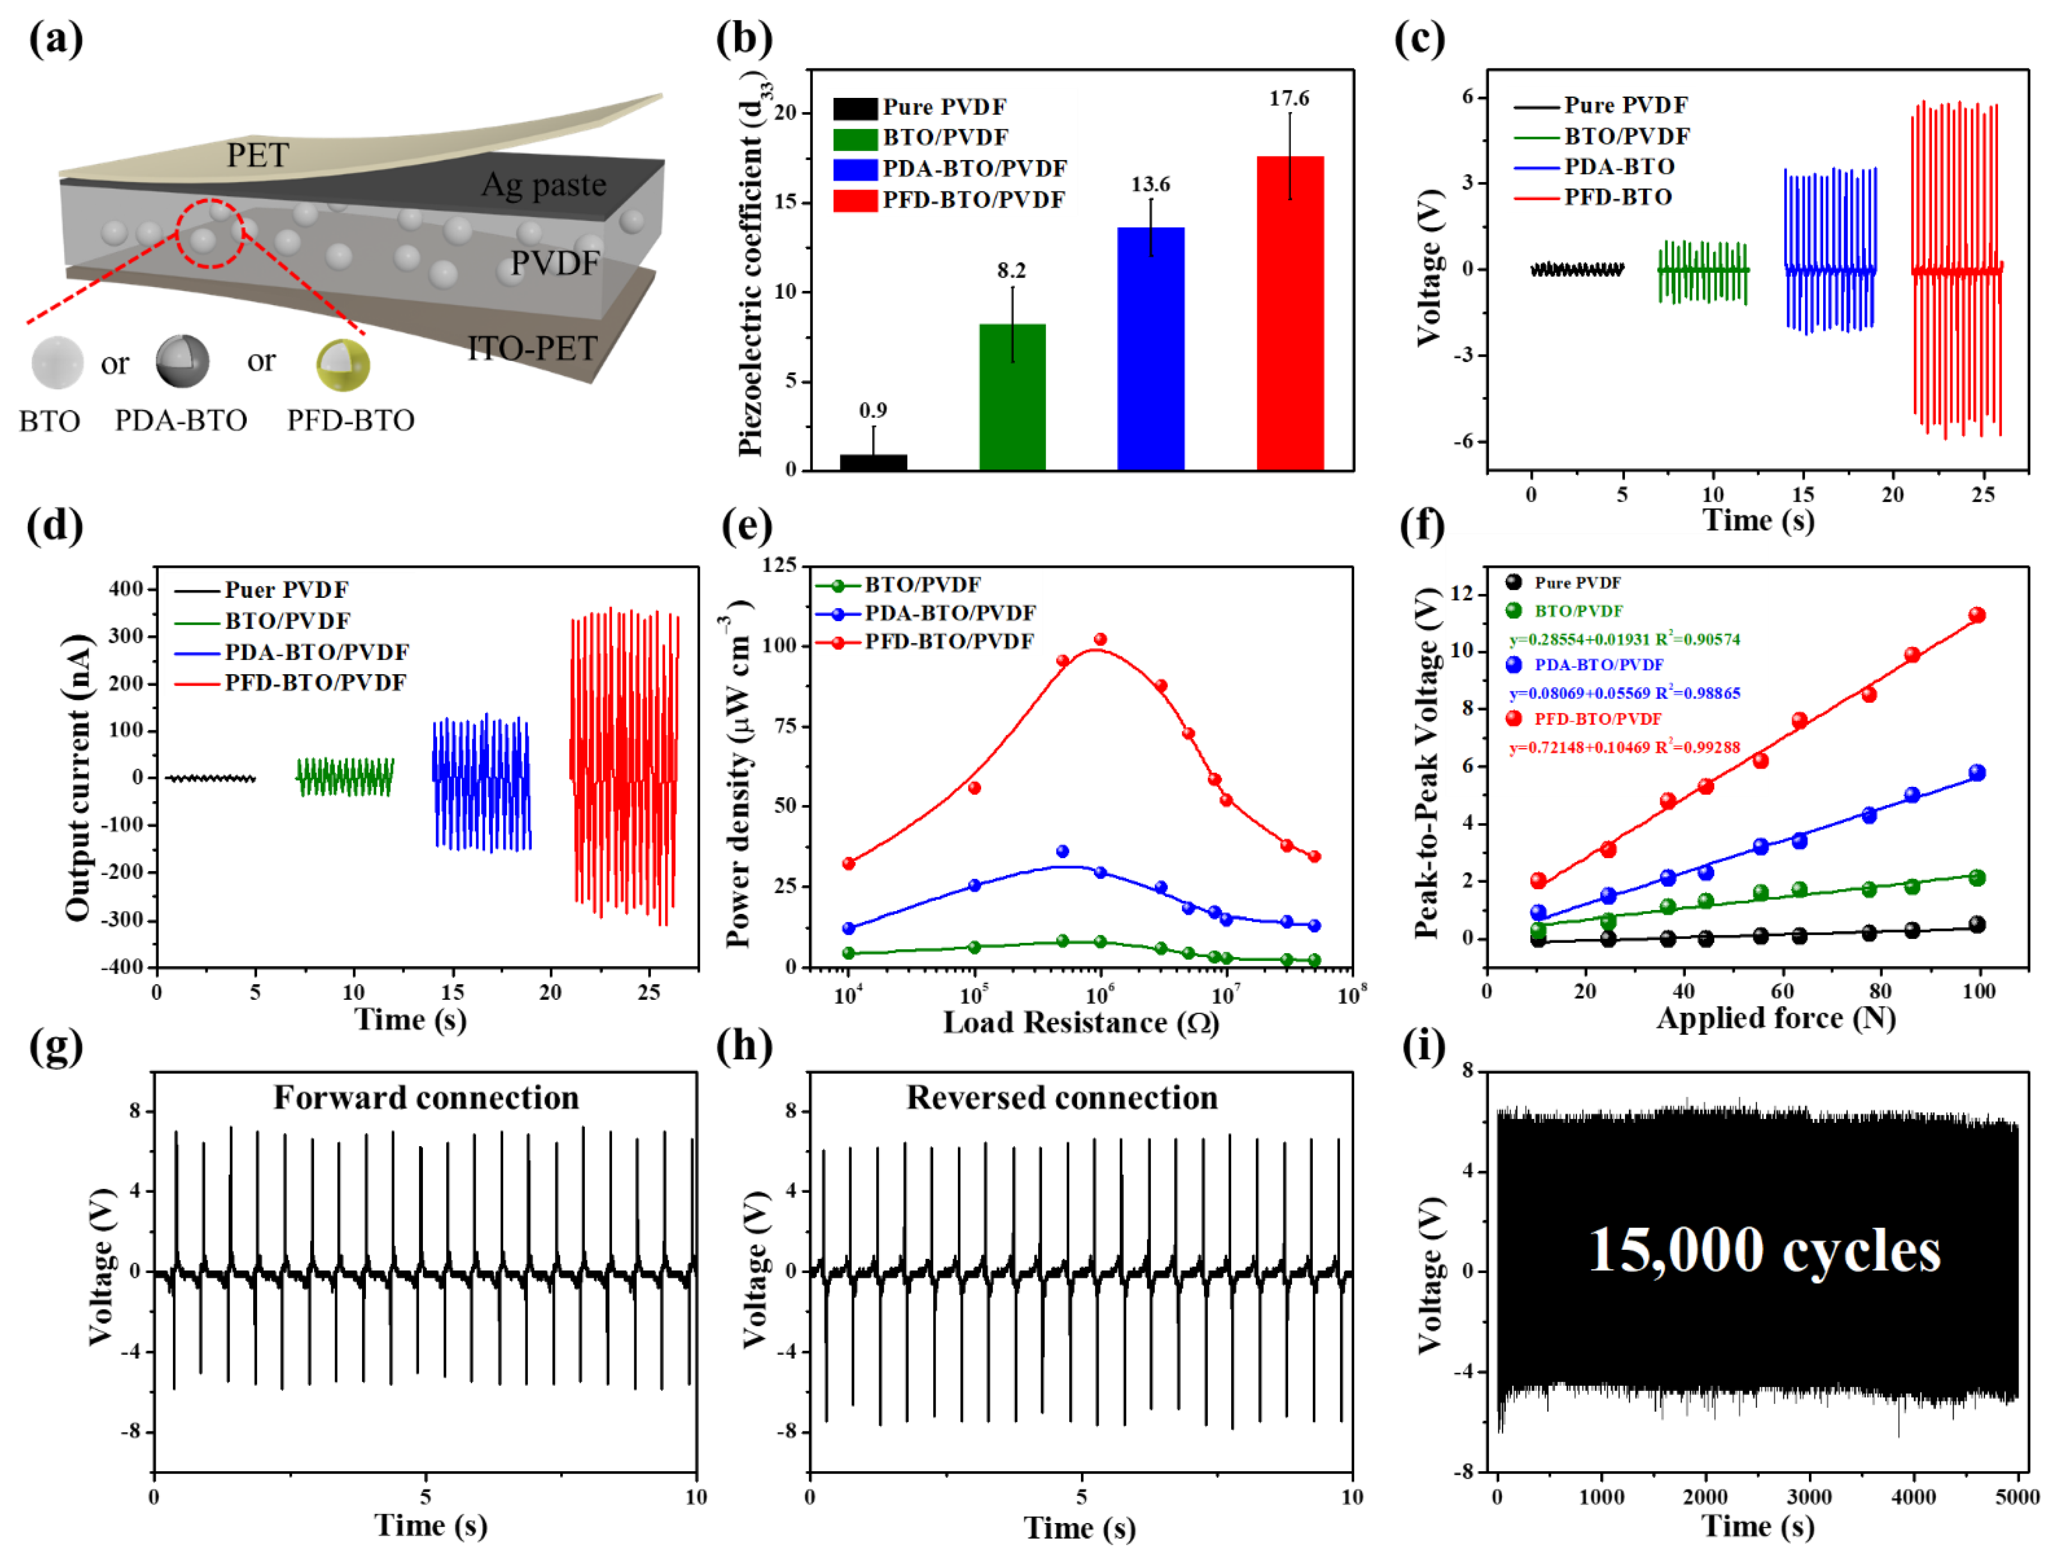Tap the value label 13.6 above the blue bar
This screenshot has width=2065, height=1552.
pyautogui.click(x=1150, y=184)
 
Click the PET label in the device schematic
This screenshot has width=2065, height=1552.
pyautogui.click(x=258, y=155)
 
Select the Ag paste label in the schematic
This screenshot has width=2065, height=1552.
pyautogui.click(x=543, y=185)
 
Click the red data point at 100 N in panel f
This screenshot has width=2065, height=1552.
pyautogui.click(x=1976, y=615)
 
